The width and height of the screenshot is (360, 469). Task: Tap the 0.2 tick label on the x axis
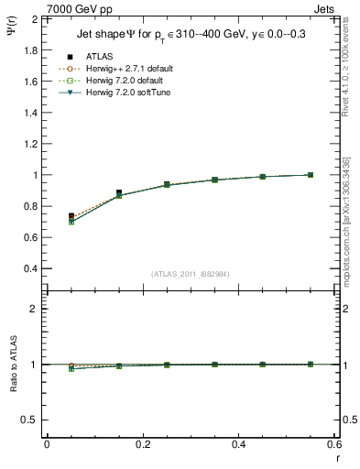click(143, 445)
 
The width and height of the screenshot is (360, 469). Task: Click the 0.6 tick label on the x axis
click(334, 445)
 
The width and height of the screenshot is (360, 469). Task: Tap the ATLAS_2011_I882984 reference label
click(191, 273)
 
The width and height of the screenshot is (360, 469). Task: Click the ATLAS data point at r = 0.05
click(71, 216)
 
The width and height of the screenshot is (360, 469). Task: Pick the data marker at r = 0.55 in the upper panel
click(311, 175)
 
